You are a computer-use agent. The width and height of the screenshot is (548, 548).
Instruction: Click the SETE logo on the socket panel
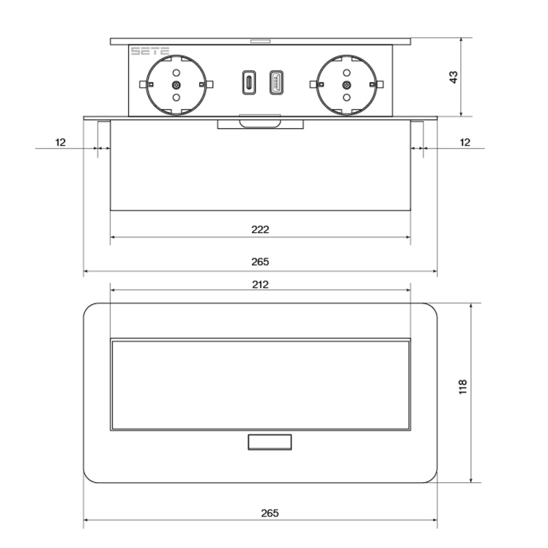pyautogui.click(x=150, y=51)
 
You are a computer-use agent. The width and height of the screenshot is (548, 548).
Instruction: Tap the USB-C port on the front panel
pyautogui.click(x=249, y=82)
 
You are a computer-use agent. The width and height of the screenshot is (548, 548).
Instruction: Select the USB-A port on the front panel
pyautogui.click(x=277, y=82)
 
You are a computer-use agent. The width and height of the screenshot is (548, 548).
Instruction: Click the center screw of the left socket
pyautogui.click(x=177, y=84)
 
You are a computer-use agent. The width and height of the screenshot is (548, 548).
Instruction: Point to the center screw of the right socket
pyautogui.click(x=347, y=84)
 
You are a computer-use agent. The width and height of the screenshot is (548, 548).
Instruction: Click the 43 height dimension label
pyautogui.click(x=453, y=77)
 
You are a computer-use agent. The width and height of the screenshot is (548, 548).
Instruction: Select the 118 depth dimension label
pyautogui.click(x=462, y=387)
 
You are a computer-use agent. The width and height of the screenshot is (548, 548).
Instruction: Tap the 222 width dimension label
pyautogui.click(x=260, y=229)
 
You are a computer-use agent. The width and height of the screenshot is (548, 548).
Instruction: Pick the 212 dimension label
pyautogui.click(x=260, y=284)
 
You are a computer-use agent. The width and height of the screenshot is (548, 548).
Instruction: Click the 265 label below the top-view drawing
pyautogui.click(x=270, y=513)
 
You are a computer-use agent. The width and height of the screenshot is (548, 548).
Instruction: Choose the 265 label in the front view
pyautogui.click(x=260, y=262)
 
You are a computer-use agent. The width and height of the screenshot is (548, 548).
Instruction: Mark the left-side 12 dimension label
pyautogui.click(x=60, y=142)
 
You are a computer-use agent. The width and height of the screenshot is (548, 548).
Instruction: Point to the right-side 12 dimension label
pyautogui.click(x=465, y=142)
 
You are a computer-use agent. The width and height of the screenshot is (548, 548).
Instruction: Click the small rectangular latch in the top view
pyautogui.click(x=270, y=442)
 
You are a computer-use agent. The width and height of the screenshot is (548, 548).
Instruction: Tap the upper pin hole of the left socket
pyautogui.click(x=177, y=73)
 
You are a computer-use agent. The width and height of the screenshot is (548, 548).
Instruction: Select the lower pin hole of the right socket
pyautogui.click(x=347, y=97)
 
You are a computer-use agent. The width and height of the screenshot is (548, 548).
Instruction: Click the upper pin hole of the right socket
pyautogui.click(x=347, y=73)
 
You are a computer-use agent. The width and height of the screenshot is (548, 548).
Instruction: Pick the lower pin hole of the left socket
pyautogui.click(x=177, y=97)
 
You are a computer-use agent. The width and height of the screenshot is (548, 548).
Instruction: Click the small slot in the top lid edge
pyautogui.click(x=260, y=42)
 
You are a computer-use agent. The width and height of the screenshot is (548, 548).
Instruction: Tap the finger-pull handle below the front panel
pyautogui.click(x=260, y=124)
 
